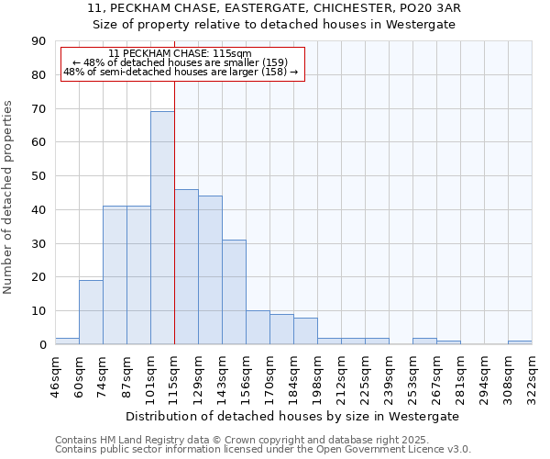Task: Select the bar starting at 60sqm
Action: click(91, 312)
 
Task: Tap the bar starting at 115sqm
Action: click(186, 266)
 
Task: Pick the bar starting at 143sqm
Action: click(234, 292)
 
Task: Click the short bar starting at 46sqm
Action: click(67, 341)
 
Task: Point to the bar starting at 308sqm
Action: click(520, 342)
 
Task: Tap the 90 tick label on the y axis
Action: click(38, 41)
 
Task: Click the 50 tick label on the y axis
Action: click(38, 176)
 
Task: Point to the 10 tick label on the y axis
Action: click(38, 311)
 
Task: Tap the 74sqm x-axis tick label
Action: click(104, 372)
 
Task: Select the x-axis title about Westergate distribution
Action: click(292, 416)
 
